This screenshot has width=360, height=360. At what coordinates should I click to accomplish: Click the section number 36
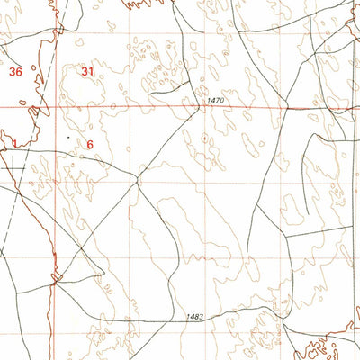(x=13, y=71)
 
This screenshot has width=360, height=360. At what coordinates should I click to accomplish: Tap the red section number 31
(x=87, y=71)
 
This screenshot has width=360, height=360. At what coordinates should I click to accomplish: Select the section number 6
(x=90, y=144)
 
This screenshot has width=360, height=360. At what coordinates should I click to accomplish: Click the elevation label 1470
(x=212, y=101)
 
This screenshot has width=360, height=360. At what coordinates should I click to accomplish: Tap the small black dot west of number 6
(x=68, y=137)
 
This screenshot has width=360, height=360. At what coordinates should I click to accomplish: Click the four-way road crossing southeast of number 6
(x=138, y=179)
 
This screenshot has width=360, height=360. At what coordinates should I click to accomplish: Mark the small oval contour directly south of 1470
(x=208, y=139)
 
